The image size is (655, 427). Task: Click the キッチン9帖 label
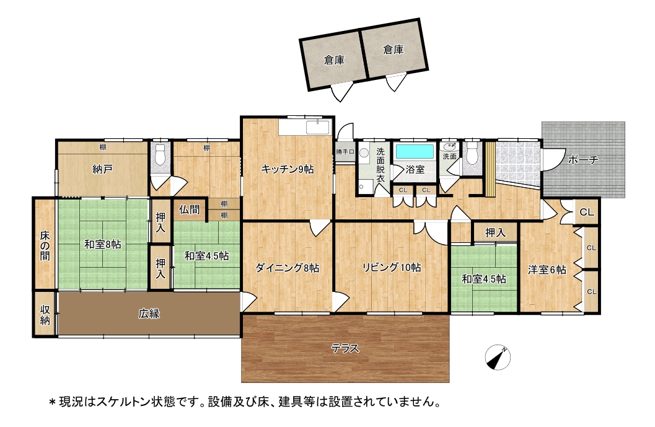(288, 169)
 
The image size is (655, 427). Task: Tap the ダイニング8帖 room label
(288, 268)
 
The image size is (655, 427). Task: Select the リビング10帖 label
(392, 267)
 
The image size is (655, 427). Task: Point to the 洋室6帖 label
(547, 270)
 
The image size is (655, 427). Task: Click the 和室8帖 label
(103, 244)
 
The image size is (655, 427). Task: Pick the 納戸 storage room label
(102, 169)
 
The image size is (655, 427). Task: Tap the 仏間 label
(189, 209)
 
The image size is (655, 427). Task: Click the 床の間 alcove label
(45, 245)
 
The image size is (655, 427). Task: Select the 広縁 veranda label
(149, 314)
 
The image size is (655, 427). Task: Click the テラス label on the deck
(345, 348)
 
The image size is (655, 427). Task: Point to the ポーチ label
(583, 160)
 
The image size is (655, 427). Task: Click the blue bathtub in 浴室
(415, 151)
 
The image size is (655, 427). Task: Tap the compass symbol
(498, 358)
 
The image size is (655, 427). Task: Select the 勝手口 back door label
(345, 152)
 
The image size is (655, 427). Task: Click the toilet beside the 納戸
(160, 155)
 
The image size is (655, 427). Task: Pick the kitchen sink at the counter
(319, 127)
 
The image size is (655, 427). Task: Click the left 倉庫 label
(334, 60)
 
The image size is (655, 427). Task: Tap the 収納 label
(45, 315)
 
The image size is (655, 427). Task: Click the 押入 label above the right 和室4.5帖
(495, 233)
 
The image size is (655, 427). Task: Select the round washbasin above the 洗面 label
(449, 147)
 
